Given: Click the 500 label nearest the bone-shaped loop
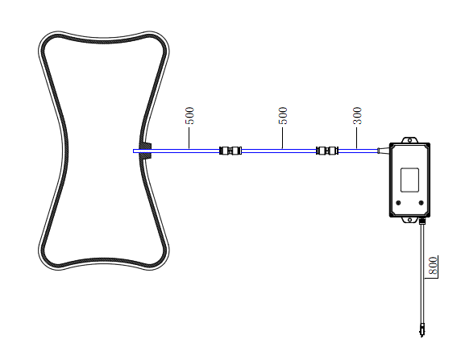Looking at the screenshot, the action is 190,116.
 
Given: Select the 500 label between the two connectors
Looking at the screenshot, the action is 283,116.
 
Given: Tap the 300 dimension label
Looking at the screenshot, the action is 357,116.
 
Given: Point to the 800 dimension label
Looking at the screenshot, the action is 433,266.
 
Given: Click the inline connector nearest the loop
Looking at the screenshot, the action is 230,151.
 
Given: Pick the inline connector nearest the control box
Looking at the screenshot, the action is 327,151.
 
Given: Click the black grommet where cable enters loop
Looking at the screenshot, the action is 145,151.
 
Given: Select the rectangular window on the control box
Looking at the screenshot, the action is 409,180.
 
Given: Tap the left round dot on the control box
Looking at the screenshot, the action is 399,203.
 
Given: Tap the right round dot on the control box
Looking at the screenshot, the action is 421,203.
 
